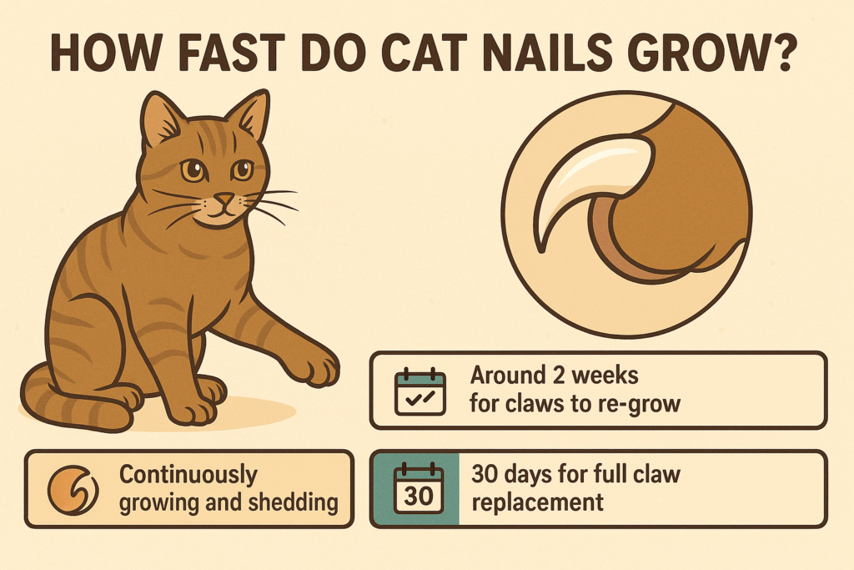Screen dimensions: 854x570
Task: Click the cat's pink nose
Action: (224, 199)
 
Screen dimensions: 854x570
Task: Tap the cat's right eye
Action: (193, 170)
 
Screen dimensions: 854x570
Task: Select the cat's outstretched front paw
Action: (314, 366)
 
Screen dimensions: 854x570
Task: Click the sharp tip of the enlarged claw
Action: (540, 250)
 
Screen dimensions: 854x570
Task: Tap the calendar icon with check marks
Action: (420, 391)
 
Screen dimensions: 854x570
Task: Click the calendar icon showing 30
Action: (419, 489)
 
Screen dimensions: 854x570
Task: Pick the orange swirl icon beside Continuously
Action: (73, 489)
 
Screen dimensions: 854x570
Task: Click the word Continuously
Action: (188, 475)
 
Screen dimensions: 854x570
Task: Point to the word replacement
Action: (538, 502)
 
